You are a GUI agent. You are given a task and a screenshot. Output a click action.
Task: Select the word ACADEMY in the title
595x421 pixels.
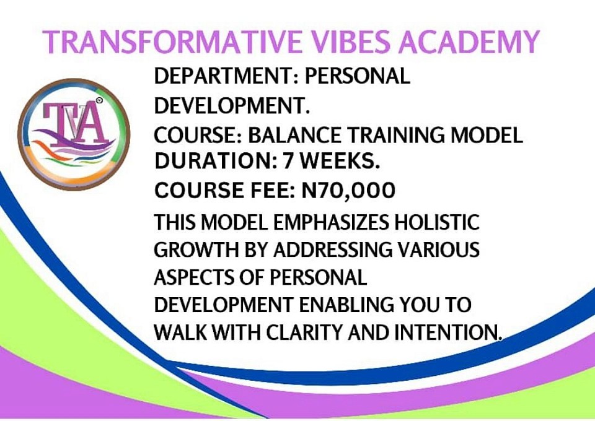coord(469,41)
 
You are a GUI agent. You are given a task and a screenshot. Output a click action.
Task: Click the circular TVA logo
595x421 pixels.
coord(74,134)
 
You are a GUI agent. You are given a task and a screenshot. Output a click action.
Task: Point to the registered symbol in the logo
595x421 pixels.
coord(99,100)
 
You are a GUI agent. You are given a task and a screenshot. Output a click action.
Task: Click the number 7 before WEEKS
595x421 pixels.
coord(289,161)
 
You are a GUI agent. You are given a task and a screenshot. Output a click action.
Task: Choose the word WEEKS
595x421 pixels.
coord(340,161)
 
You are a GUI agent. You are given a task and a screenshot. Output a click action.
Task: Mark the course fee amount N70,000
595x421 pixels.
coord(348,190)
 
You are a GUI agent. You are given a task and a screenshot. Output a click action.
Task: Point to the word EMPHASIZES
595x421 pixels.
coord(331,222)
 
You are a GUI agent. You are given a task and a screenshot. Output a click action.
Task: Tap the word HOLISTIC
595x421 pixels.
coord(437,222)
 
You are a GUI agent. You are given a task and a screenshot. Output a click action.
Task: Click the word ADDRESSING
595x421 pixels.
coord(333,250)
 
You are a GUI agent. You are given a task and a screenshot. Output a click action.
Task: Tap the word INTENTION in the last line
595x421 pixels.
coord(447,332)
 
